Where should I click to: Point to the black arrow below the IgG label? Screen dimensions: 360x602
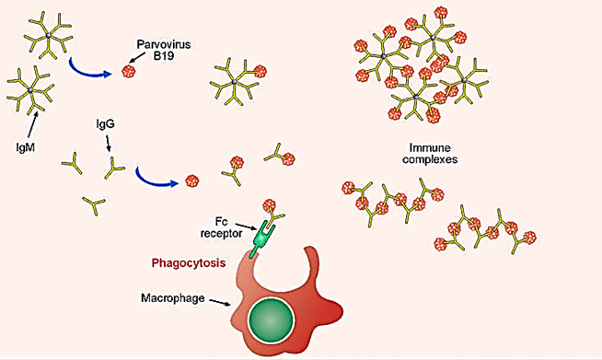coord(110,145)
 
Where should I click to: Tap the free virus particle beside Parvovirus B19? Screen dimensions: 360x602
coord(129,71)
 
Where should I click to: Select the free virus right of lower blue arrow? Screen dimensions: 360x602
coord(192,180)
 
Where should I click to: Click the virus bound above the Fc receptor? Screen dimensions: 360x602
coord(270,207)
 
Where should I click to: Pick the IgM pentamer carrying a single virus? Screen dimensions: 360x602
coord(237,81)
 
